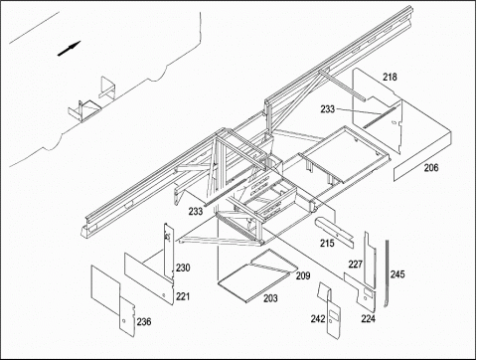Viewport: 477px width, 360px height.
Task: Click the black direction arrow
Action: pos(70,49)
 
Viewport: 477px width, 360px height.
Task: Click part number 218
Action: pos(390,78)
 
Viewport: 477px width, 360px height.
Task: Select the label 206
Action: pos(431,168)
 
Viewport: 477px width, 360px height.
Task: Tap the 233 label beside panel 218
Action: pos(328,109)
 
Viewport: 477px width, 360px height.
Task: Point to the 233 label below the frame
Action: pos(196,211)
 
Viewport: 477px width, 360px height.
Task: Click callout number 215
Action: pos(327,244)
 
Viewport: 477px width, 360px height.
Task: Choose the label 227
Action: pos(356,265)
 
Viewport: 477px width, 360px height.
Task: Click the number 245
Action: pos(397,274)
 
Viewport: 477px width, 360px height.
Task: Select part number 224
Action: pos(369,319)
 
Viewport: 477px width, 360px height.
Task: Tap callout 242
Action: pos(318,319)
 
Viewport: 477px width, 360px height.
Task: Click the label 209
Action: pos(303,275)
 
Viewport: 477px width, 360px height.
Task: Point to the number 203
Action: pos(270,298)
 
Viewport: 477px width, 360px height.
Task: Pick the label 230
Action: pos(183,268)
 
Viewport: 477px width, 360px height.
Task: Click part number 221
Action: pos(183,296)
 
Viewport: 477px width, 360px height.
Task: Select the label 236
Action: pos(144,321)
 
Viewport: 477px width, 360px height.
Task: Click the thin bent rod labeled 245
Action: pos(387,273)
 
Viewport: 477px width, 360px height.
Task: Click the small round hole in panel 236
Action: pos(123,321)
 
